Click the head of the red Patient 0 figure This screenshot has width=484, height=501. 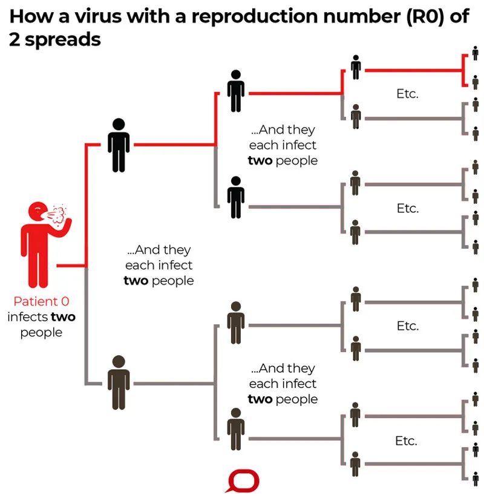click(37, 211)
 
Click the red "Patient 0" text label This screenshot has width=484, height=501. click(37, 301)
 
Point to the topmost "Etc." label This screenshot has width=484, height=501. click(407, 94)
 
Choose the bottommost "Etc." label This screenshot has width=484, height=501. click(406, 440)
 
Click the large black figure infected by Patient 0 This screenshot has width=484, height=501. click(119, 145)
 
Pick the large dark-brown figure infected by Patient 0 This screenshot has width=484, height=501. click(119, 382)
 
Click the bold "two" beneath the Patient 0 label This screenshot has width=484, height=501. click(63, 317)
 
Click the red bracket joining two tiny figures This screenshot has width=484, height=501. click(463, 70)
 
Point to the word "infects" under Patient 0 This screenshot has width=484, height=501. click(27, 317)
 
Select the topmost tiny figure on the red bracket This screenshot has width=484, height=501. click(475, 53)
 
